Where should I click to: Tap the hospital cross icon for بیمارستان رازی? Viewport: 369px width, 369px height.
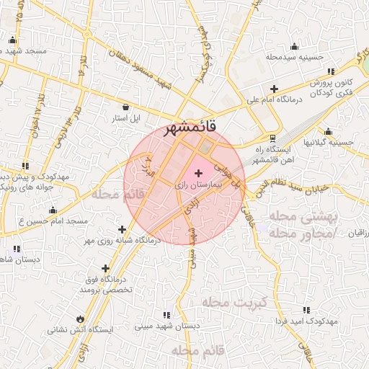[198, 174]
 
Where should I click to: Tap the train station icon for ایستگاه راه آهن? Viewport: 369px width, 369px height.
[272, 138]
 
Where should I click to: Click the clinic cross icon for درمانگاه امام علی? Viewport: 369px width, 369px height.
[274, 89]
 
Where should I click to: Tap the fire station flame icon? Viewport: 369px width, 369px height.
[79, 319]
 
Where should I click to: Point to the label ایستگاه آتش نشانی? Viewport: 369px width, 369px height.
[81, 330]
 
